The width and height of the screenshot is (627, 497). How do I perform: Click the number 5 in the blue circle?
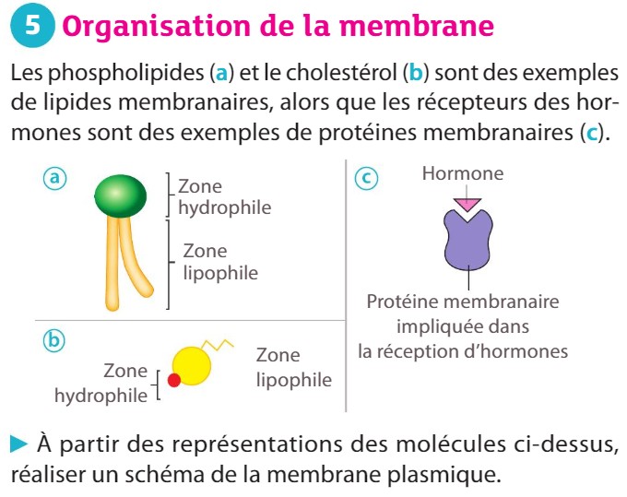[x=32, y=25]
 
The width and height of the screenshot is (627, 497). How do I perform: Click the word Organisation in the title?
[x=157, y=27]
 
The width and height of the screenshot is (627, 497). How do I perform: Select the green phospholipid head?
[x=121, y=195]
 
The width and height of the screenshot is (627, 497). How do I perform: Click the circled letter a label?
[x=54, y=178]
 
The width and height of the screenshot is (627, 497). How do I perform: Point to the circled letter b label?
[x=54, y=340]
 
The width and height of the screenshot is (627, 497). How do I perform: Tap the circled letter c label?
[x=366, y=178]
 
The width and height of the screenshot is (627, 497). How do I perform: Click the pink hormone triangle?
[x=467, y=205]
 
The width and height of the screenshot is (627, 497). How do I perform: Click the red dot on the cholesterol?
[x=174, y=380]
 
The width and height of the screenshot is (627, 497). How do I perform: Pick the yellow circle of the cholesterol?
[x=192, y=366]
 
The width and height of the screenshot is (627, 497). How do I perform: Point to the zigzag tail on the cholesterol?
[x=217, y=345]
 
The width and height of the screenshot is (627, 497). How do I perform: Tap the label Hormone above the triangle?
[x=463, y=173]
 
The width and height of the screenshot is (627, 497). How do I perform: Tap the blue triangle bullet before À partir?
[x=18, y=444]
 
